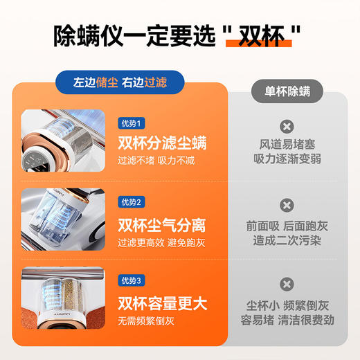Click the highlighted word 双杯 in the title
[x=266, y=35]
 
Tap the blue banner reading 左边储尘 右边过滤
[x=120, y=81]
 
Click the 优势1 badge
[x=129, y=123]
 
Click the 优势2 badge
[x=129, y=202]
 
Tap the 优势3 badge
[x=129, y=280]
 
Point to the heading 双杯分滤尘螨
[x=162, y=143]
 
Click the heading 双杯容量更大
[x=162, y=303]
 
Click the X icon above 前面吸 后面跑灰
[x=286, y=205]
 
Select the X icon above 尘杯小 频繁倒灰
[x=286, y=284]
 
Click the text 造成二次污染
[x=286, y=239]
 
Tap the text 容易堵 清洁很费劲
[x=286, y=318]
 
